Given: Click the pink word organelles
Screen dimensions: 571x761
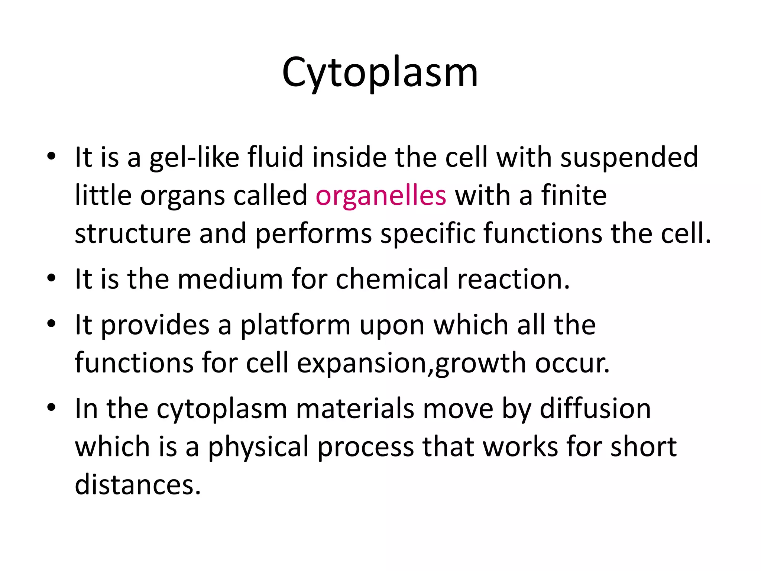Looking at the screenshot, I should [x=381, y=196].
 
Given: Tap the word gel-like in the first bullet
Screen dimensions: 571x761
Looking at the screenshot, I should [x=194, y=158].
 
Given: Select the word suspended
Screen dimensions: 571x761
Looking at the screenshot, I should [x=629, y=158].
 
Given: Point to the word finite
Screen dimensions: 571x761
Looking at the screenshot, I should [x=574, y=196].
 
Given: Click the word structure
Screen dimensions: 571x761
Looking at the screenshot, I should [x=133, y=233].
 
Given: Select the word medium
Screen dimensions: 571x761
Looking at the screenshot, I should [x=230, y=279].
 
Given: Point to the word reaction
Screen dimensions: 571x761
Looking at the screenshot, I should [x=513, y=279].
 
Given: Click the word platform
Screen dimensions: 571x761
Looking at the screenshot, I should [x=295, y=325].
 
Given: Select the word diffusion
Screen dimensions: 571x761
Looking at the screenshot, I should [x=595, y=409].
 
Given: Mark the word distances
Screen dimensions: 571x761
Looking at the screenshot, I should [x=138, y=485].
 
